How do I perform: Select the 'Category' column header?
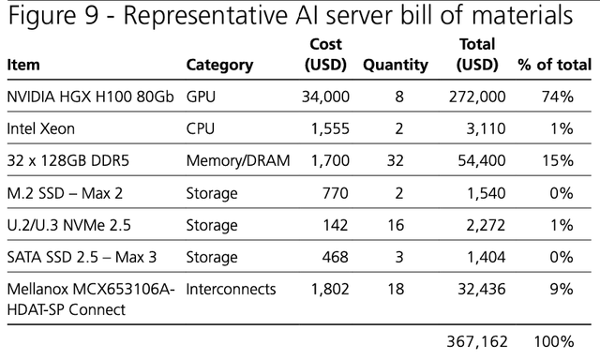click(x=219, y=66)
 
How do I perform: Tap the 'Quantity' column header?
click(x=395, y=66)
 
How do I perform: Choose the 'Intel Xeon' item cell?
click(x=41, y=128)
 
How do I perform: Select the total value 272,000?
click(x=477, y=97)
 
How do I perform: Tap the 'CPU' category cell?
click(x=202, y=128)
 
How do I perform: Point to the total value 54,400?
click(x=482, y=160)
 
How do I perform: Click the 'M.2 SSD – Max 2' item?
click(x=65, y=192)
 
